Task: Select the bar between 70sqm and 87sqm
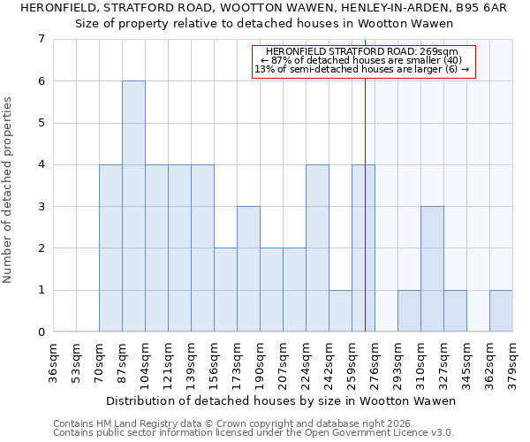tap(110, 248)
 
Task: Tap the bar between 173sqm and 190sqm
tap(248, 269)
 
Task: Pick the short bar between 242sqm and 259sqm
tap(340, 310)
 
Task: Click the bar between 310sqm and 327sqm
tap(432, 269)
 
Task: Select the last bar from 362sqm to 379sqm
tap(501, 310)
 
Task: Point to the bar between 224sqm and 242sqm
tap(317, 248)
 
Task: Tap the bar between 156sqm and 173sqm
tap(225, 289)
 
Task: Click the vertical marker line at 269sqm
tap(365, 221)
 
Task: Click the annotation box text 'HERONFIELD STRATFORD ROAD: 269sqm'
tap(364, 52)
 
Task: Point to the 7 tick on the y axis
tap(41, 39)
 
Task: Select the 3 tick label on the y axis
tap(41, 206)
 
